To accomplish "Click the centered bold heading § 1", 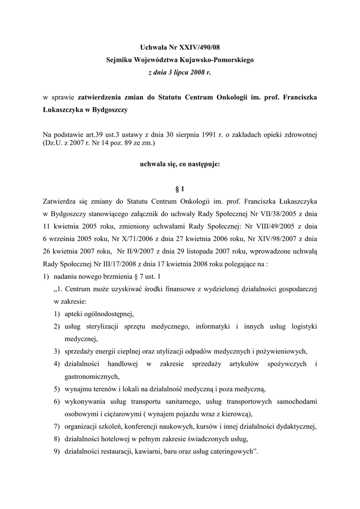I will coord(180,189).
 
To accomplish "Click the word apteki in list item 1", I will coord(75,314).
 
